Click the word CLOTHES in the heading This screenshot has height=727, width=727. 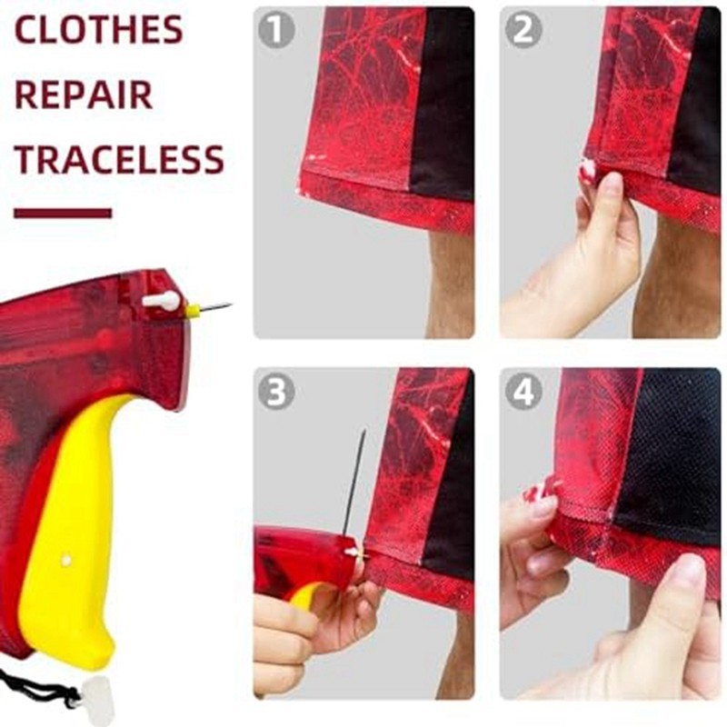click(x=99, y=30)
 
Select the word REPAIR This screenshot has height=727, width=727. click(x=84, y=95)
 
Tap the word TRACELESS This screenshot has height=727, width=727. click(x=119, y=160)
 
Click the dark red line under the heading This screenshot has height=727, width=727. click(x=63, y=214)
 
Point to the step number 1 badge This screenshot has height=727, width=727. click(x=276, y=30)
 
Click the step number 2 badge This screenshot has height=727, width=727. click(x=523, y=30)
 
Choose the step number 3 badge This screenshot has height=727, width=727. click(x=276, y=392)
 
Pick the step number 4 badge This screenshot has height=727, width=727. click(x=523, y=392)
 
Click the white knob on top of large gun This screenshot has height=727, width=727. click(x=161, y=301)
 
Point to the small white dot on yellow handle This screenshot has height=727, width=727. click(x=66, y=560)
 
